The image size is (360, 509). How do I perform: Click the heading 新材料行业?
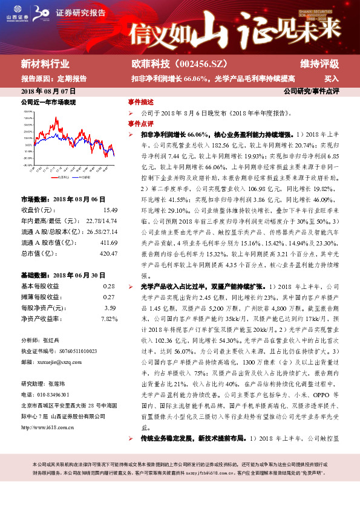click(45, 63)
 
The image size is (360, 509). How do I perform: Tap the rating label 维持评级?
click(319, 63)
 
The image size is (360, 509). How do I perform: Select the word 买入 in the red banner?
click(331, 79)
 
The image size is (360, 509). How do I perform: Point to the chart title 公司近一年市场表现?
click(48, 103)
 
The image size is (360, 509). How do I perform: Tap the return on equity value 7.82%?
click(108, 319)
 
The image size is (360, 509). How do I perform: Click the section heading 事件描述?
click(140, 102)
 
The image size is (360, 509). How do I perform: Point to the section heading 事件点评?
click(140, 123)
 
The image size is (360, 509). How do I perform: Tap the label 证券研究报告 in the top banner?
click(80, 13)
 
